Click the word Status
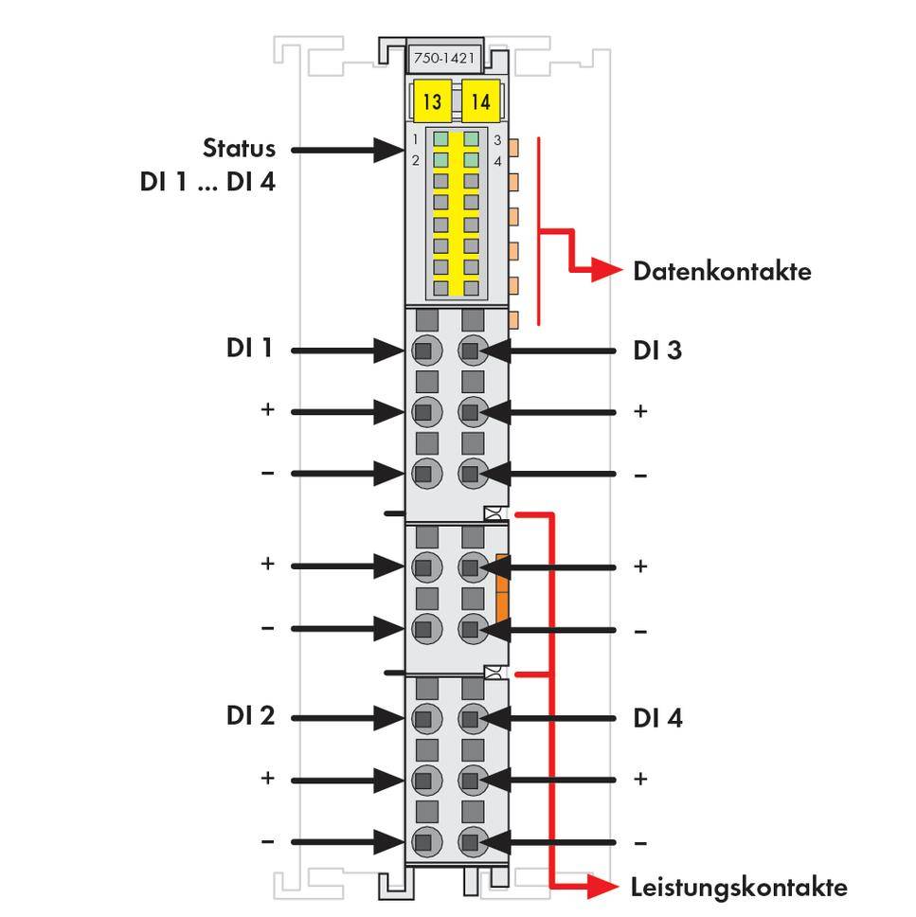coord(239,149)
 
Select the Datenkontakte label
coord(722,272)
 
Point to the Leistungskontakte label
coord(739,888)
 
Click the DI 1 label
coord(249,349)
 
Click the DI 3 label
coord(657,351)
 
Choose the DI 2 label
coord(250,716)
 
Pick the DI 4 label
coord(657,718)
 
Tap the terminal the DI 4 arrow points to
coord(472,718)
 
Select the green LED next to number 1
coord(441,139)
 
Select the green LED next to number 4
coord(472,160)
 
